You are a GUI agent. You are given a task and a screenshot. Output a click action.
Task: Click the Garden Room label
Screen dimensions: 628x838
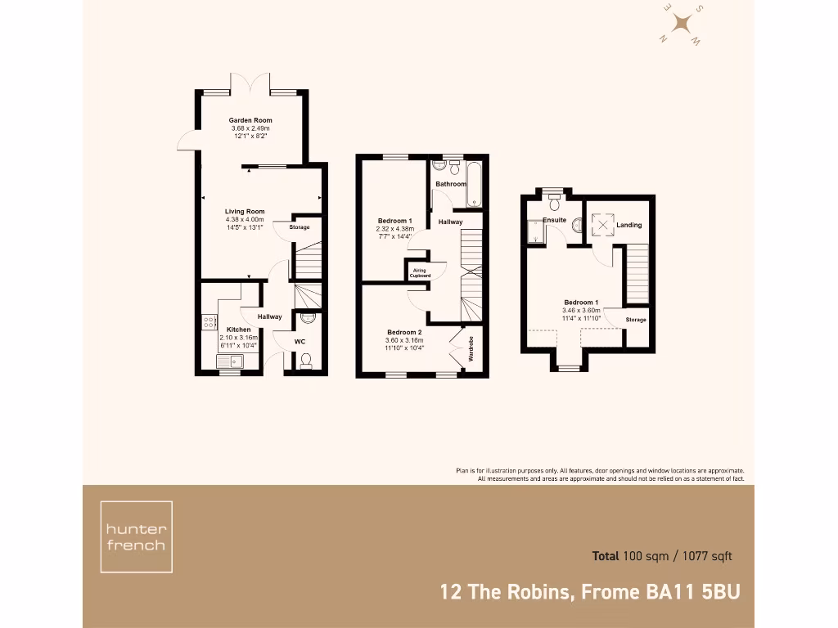[x=250, y=120]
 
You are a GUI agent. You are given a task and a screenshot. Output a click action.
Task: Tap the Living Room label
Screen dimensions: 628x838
[x=245, y=212]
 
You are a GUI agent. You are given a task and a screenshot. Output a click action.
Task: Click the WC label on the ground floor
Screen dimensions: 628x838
[x=300, y=341]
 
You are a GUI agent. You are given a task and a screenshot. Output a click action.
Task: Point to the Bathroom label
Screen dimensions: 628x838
[x=451, y=184]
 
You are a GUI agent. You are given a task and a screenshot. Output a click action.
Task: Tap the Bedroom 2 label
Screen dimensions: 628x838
[x=404, y=332]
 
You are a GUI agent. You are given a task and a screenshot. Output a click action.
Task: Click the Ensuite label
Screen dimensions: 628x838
[x=554, y=220]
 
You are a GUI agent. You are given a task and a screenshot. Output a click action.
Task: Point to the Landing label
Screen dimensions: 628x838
[x=629, y=225]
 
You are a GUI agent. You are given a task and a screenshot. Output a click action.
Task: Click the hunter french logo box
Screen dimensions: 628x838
[x=136, y=537]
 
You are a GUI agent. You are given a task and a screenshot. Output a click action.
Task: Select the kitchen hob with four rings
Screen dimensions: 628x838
[x=209, y=323]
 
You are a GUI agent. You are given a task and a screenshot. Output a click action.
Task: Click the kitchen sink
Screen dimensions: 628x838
[x=229, y=361]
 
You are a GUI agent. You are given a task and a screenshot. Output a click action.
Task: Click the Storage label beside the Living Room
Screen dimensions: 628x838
[x=300, y=227]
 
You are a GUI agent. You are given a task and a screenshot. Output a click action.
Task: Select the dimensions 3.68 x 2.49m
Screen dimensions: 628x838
[x=250, y=128]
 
